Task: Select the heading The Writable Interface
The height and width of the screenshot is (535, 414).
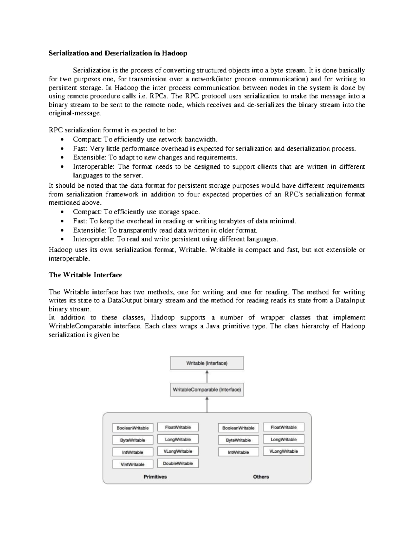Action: (85, 275)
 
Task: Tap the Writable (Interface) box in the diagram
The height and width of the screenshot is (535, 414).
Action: (207, 363)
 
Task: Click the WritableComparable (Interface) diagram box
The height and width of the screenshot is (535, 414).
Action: (207, 390)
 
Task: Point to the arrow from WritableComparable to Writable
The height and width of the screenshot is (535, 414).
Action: (207, 377)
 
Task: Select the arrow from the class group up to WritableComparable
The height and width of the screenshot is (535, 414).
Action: (207, 404)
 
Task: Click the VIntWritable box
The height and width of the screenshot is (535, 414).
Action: (132, 464)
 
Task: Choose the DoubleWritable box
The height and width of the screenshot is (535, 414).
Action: (178, 463)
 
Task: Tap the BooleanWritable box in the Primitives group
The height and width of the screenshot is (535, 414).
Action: (132, 428)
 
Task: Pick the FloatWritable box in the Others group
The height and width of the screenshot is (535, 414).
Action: (284, 427)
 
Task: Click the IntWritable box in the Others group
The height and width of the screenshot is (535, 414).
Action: (238, 452)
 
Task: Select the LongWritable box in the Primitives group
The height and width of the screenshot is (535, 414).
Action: (178, 440)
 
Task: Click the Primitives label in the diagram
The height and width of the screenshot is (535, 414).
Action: (155, 477)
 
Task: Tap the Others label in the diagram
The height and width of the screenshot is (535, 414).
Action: (261, 477)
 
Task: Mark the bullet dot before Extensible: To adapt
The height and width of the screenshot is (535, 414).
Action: (62, 158)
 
